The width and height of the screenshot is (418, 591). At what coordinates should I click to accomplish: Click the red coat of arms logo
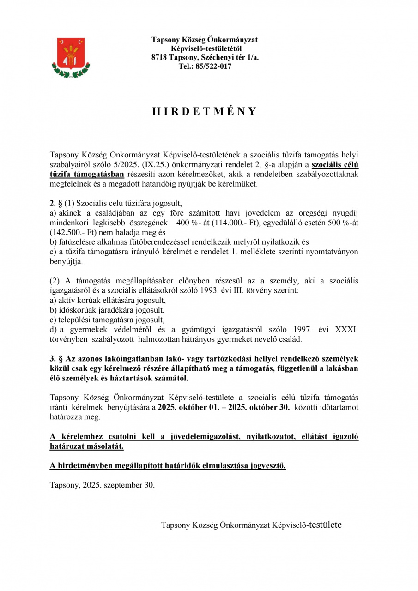(x=71, y=57)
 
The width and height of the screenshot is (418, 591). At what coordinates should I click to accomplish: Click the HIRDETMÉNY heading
(x=204, y=112)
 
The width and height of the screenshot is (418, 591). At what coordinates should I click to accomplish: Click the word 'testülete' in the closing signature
(x=326, y=525)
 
